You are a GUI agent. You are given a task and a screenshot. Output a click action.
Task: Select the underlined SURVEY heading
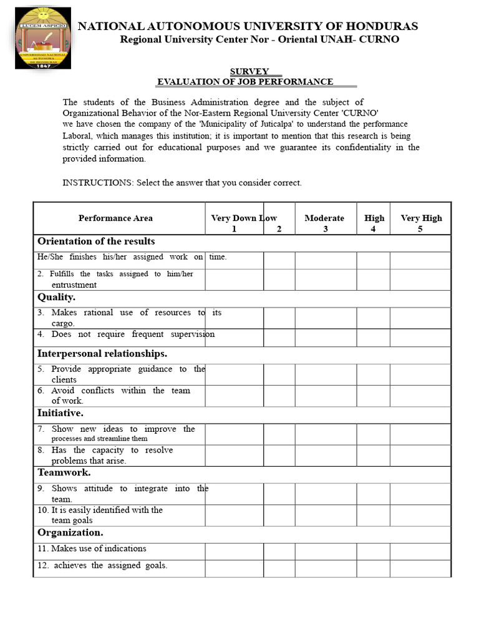[249, 72]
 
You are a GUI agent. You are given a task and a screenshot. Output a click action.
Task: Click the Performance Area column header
[115, 218]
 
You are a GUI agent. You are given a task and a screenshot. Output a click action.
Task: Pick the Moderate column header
[324, 218]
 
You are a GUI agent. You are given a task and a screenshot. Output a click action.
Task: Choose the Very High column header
[421, 218]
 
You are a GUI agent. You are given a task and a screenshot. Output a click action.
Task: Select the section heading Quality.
[56, 297]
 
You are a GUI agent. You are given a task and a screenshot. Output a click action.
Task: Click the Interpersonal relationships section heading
[102, 354]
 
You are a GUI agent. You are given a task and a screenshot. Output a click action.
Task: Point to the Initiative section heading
[60, 413]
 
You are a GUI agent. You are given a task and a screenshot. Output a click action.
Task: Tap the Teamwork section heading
[64, 472]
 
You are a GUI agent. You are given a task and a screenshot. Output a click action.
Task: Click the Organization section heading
[70, 532]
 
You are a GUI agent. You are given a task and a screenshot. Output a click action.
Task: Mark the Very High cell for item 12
[420, 568]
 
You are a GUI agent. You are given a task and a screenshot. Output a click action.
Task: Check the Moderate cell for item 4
[326, 338]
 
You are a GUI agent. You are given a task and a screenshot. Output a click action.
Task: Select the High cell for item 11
[374, 551]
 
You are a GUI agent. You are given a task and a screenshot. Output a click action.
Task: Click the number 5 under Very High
[420, 229]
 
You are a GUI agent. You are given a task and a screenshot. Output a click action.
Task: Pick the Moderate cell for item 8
[326, 456]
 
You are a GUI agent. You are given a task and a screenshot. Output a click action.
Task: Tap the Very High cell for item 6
[420, 396]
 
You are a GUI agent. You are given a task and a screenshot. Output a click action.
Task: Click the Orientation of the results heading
[96, 241]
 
